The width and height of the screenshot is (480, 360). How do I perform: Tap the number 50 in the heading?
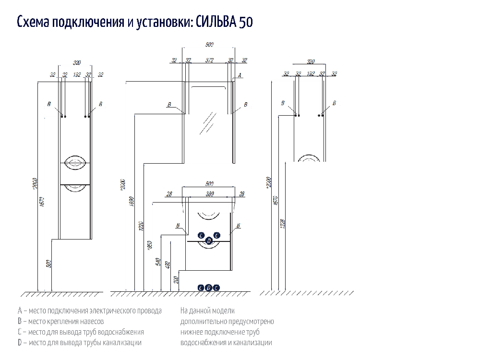coord(245,22)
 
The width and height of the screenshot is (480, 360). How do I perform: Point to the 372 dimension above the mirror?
coord(209,60)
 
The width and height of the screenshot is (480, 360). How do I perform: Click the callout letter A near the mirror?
coord(240,75)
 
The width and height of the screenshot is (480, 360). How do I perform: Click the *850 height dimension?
coord(150,246)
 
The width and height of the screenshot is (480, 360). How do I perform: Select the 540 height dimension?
coord(159,262)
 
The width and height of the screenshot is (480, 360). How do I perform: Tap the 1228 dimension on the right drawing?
coord(283,224)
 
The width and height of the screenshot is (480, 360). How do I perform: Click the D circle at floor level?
coord(208,288)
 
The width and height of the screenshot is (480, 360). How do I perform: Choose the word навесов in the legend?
coord(91,322)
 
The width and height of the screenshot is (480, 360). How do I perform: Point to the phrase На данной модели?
coord(207,311)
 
